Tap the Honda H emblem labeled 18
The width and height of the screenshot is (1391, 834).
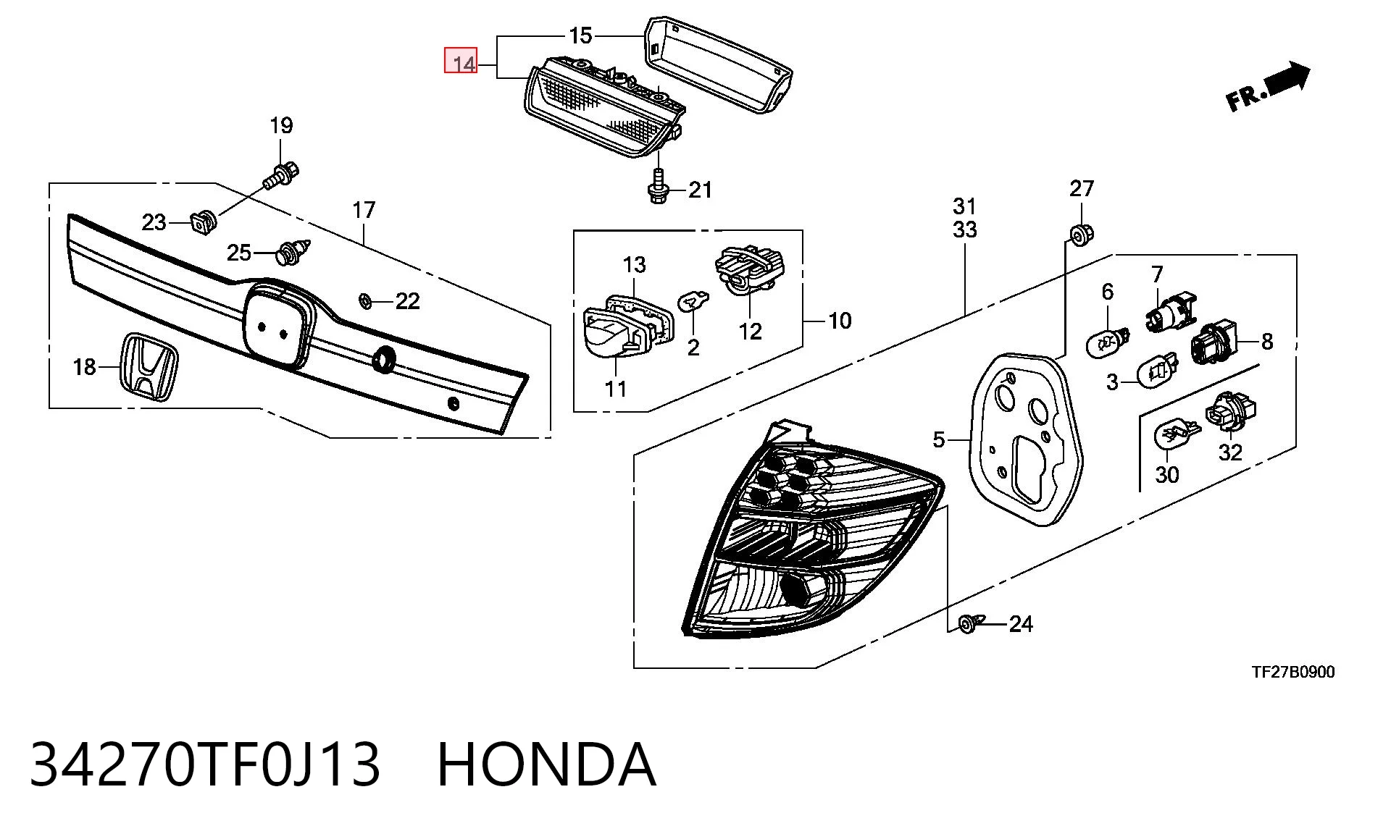click(x=149, y=367)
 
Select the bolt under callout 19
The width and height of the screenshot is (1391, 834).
click(x=281, y=174)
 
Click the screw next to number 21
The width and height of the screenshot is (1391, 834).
click(x=659, y=187)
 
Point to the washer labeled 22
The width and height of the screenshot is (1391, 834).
click(x=366, y=300)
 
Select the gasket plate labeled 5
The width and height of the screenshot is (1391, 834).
click(x=1025, y=439)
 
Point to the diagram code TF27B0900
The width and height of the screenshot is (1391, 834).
click(x=1293, y=672)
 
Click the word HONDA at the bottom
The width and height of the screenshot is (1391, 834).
click(x=547, y=764)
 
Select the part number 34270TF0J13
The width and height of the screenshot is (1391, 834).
click(x=205, y=764)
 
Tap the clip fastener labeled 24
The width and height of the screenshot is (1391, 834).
click(x=971, y=623)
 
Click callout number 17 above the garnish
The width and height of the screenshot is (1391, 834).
click(x=364, y=210)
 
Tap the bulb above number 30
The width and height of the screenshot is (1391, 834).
click(x=1174, y=434)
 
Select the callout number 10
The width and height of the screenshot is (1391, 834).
click(x=840, y=321)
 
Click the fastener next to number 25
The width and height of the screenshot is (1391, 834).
click(x=293, y=252)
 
